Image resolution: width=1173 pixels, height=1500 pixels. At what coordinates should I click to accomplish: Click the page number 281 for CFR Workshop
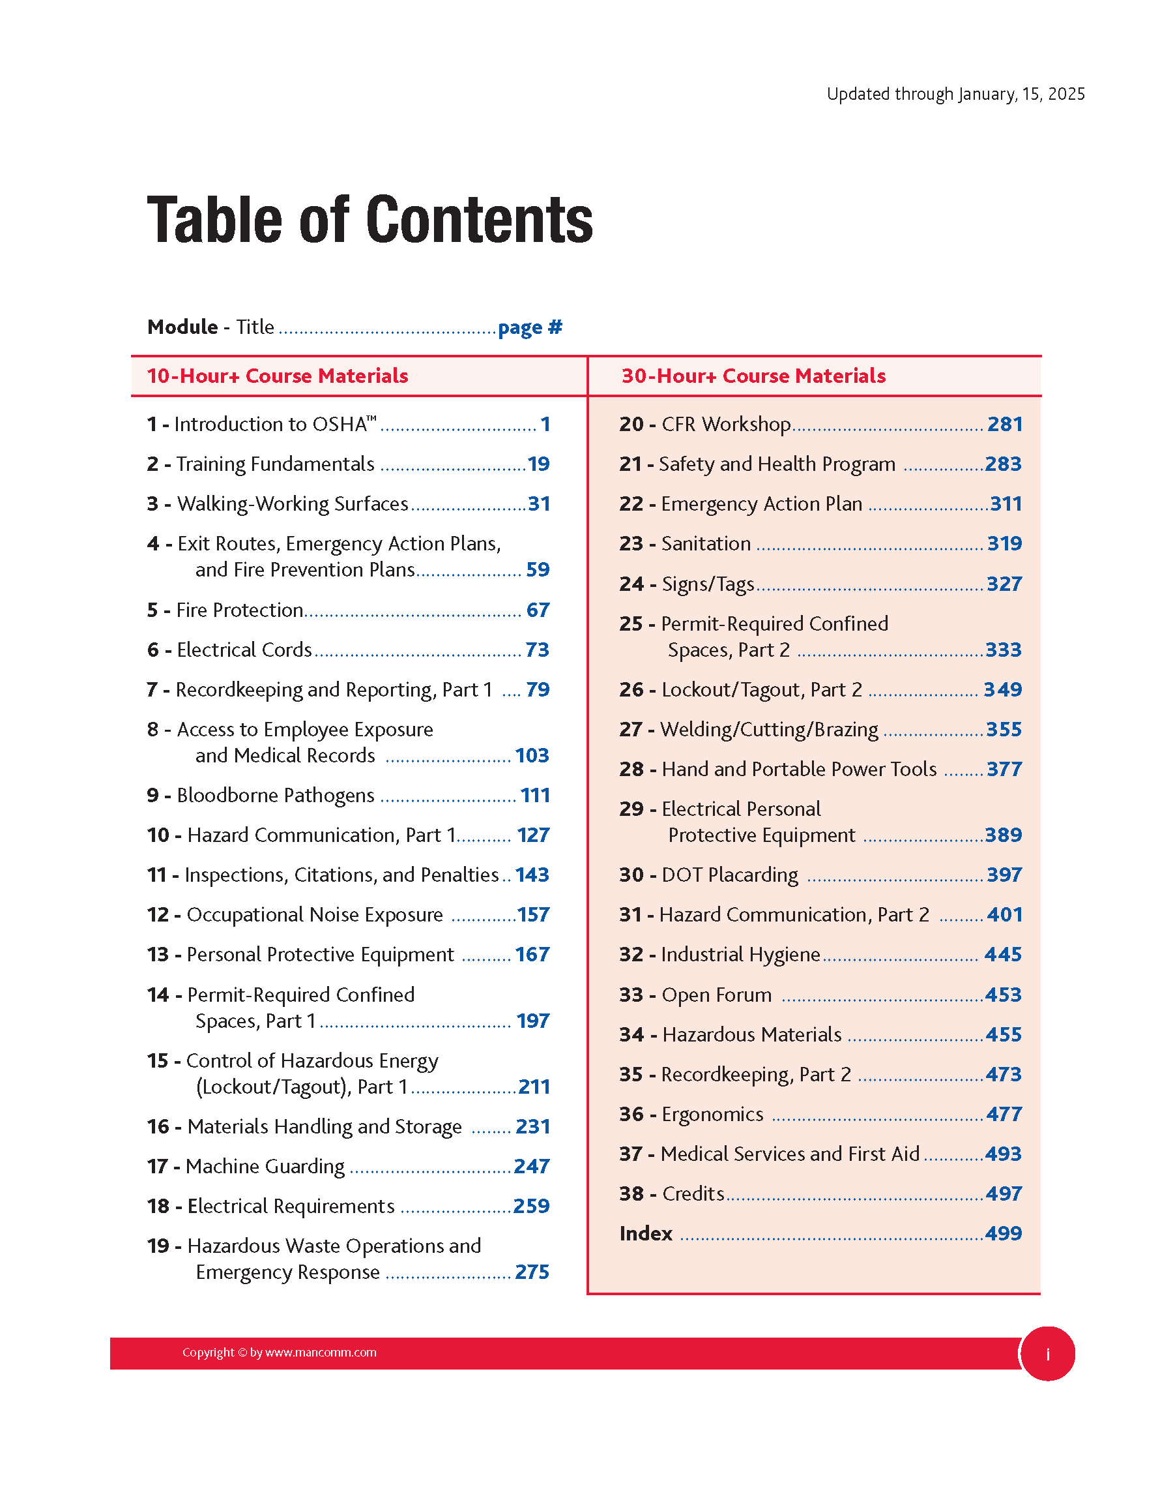[x=1005, y=424]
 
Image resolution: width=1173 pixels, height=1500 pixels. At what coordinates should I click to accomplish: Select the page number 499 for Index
[x=1003, y=1233]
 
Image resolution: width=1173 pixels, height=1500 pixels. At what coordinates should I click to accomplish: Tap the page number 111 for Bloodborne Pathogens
[x=535, y=795]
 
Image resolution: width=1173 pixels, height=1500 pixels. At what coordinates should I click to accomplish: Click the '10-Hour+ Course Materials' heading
[x=278, y=376]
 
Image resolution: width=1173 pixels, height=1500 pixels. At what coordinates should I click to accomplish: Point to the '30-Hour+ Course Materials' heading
[x=753, y=376]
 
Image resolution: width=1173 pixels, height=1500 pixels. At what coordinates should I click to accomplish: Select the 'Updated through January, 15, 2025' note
[x=955, y=94]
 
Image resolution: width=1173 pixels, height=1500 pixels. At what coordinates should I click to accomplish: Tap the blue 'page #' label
[x=530, y=327]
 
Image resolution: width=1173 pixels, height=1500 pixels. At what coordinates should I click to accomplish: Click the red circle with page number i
[x=1047, y=1354]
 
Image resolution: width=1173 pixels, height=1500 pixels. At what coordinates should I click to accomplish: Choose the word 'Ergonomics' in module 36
[x=712, y=1114]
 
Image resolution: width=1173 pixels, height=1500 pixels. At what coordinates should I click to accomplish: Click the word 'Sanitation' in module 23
[x=706, y=543]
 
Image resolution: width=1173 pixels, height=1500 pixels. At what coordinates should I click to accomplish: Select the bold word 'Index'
[x=646, y=1233]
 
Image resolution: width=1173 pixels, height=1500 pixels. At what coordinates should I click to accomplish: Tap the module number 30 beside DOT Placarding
[x=631, y=875]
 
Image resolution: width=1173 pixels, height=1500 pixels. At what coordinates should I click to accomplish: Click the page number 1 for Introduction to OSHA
[x=545, y=424]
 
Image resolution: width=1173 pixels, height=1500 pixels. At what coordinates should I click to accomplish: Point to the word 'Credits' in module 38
[x=693, y=1193]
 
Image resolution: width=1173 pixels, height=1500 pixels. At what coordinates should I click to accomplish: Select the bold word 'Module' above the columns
[x=182, y=327]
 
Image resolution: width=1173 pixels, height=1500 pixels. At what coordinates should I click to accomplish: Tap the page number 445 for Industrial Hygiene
[x=1003, y=954]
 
